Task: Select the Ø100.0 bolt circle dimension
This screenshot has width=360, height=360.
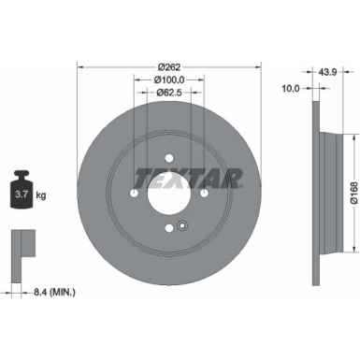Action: [168, 80]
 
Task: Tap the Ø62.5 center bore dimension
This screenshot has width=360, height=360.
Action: [168, 94]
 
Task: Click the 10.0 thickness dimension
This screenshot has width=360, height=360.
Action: [291, 91]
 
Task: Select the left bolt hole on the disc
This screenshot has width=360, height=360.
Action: [134, 194]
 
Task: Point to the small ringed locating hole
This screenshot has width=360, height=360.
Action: [183, 223]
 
